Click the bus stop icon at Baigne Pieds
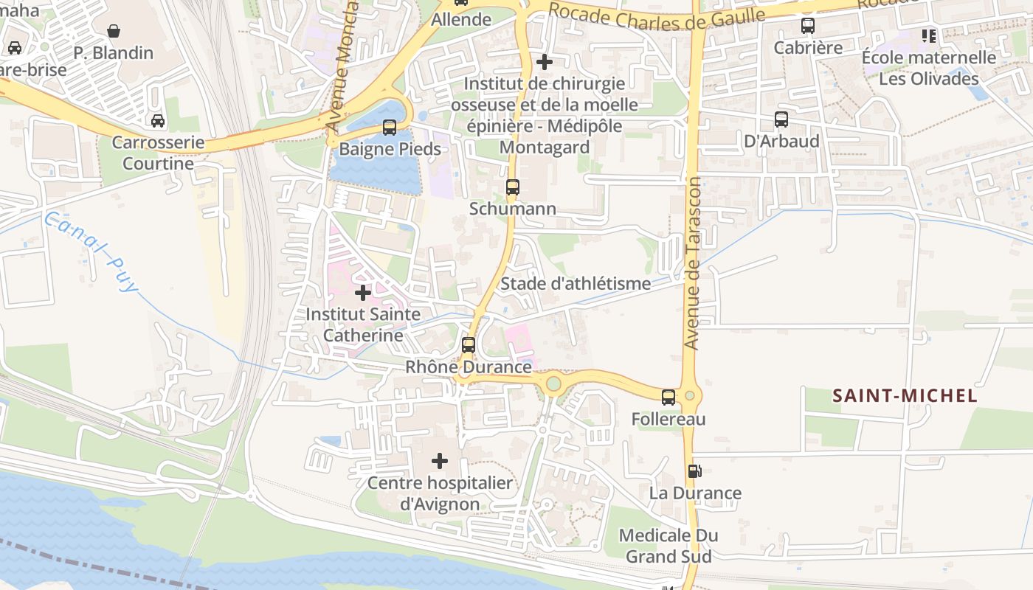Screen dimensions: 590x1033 pos(390,127)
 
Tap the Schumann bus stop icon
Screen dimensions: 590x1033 pos(513,187)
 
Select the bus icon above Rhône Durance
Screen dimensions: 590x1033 pos(468,344)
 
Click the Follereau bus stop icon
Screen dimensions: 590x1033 pos(668,398)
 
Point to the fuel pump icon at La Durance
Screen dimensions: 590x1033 pos(694,471)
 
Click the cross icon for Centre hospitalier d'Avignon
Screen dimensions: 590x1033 pos(440,462)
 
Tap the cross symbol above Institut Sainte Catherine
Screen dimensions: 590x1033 pos(363,293)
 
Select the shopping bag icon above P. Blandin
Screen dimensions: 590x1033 pos(114,31)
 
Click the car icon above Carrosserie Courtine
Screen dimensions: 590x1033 pos(158,120)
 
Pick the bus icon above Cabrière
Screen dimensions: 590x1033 pos(808,26)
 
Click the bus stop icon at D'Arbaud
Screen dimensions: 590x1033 pos(781,119)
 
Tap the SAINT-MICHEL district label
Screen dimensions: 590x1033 pos(905,396)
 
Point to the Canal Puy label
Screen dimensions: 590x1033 pos(91,251)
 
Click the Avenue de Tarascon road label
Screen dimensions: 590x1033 pos(692,263)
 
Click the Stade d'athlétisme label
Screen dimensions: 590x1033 pos(576,283)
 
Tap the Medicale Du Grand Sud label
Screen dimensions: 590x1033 pos(668,546)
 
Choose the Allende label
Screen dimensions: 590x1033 pos(461,20)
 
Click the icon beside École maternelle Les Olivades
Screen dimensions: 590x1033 pos(928,35)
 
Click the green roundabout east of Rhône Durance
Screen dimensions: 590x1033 pos(553,383)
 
